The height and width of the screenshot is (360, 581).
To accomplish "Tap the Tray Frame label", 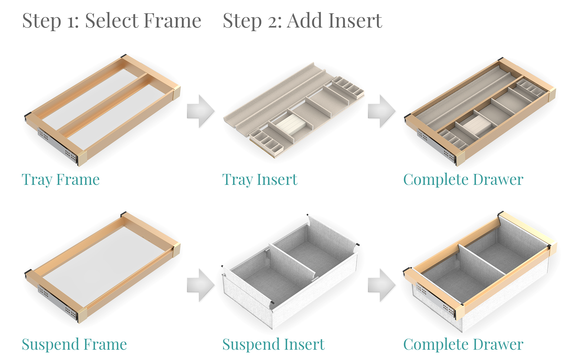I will (x=61, y=180).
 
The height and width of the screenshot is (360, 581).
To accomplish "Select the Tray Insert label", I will (x=260, y=180).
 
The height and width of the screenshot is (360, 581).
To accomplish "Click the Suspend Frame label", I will (x=74, y=345).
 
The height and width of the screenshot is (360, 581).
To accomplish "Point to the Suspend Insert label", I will (x=274, y=345).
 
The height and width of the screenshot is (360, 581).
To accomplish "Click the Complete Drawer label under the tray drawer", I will (x=463, y=180).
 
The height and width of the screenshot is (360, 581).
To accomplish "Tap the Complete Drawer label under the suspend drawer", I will (x=463, y=345).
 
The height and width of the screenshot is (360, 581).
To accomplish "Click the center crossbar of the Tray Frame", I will (x=106, y=103).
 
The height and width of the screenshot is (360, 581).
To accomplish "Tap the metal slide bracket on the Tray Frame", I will (x=57, y=145).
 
